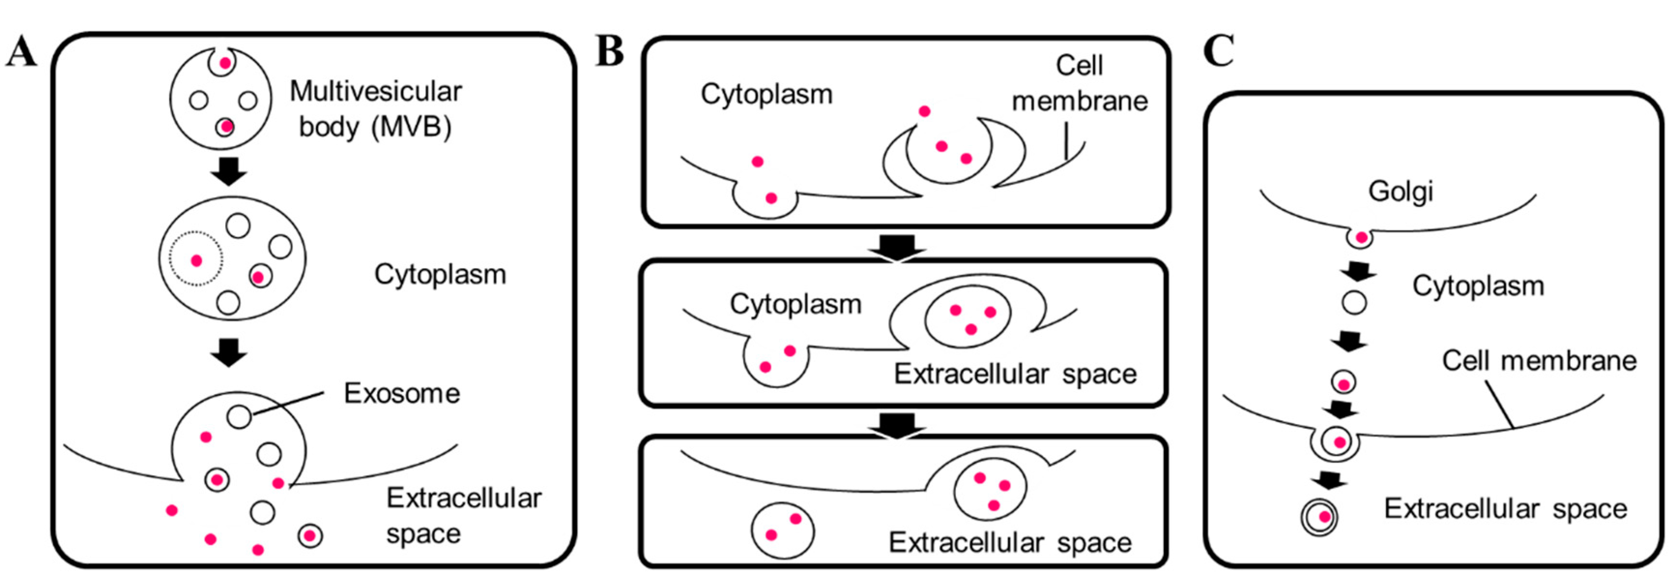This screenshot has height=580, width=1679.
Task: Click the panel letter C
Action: [1218, 51]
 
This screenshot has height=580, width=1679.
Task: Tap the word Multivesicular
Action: [375, 92]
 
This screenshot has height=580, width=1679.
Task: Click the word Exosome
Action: [402, 394]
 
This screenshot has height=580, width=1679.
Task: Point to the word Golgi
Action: [1401, 192]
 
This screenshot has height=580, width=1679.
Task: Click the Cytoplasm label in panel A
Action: [440, 274]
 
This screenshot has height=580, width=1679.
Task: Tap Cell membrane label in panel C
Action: [1539, 360]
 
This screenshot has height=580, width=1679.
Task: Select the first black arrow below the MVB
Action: [229, 171]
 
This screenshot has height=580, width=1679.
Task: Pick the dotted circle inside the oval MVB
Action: [196, 259]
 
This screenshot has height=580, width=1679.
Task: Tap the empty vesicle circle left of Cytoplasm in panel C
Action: [1354, 303]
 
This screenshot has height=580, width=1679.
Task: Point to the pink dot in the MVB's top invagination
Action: [225, 64]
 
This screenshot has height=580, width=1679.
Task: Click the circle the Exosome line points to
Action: [239, 416]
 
